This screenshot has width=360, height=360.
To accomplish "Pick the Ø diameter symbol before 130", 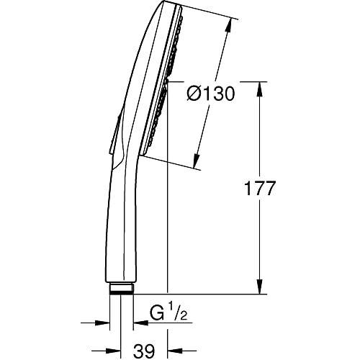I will coord(195,94).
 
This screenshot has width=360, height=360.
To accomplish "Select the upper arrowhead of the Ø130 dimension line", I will coord(230,22).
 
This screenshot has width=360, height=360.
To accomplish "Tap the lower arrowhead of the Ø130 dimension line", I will coord(197,162).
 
